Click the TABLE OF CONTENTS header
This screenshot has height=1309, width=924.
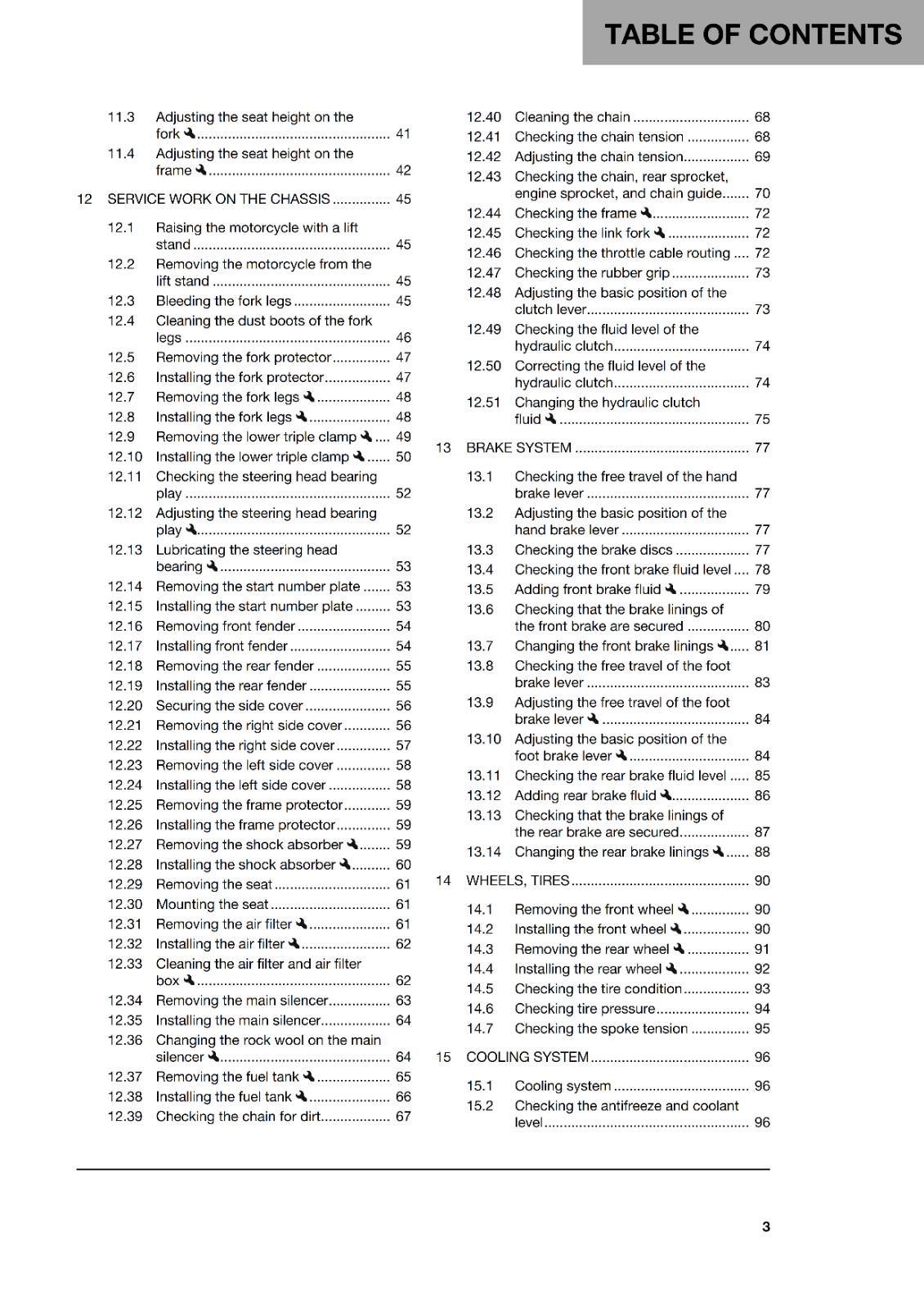[752, 34]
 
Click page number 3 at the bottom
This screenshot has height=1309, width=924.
[765, 1226]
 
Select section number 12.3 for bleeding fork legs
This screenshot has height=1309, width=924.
[121, 301]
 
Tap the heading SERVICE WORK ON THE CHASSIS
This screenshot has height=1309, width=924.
[218, 199]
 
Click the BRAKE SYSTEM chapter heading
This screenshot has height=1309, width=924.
[518, 448]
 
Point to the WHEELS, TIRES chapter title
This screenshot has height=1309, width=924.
[517, 880]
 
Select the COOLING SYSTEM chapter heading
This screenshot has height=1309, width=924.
[527, 1057]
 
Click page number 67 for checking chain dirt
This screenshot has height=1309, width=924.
[403, 1117]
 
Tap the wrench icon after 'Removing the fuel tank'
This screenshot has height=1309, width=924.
[308, 1077]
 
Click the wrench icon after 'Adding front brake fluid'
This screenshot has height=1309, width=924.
[671, 589]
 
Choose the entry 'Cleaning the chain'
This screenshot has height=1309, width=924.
[572, 117]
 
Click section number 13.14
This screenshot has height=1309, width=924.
[483, 852]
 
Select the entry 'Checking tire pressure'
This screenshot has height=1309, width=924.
[585, 1009]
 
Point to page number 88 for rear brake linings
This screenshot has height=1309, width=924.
[762, 852]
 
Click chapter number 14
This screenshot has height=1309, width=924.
[443, 880]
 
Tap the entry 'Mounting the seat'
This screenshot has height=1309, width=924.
[212, 904]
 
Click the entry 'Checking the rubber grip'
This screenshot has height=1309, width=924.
[591, 272]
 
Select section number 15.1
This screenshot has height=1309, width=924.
[480, 1086]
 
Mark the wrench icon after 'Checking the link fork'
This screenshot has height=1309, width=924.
[659, 233]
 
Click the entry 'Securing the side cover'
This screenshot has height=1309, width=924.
[229, 705]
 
